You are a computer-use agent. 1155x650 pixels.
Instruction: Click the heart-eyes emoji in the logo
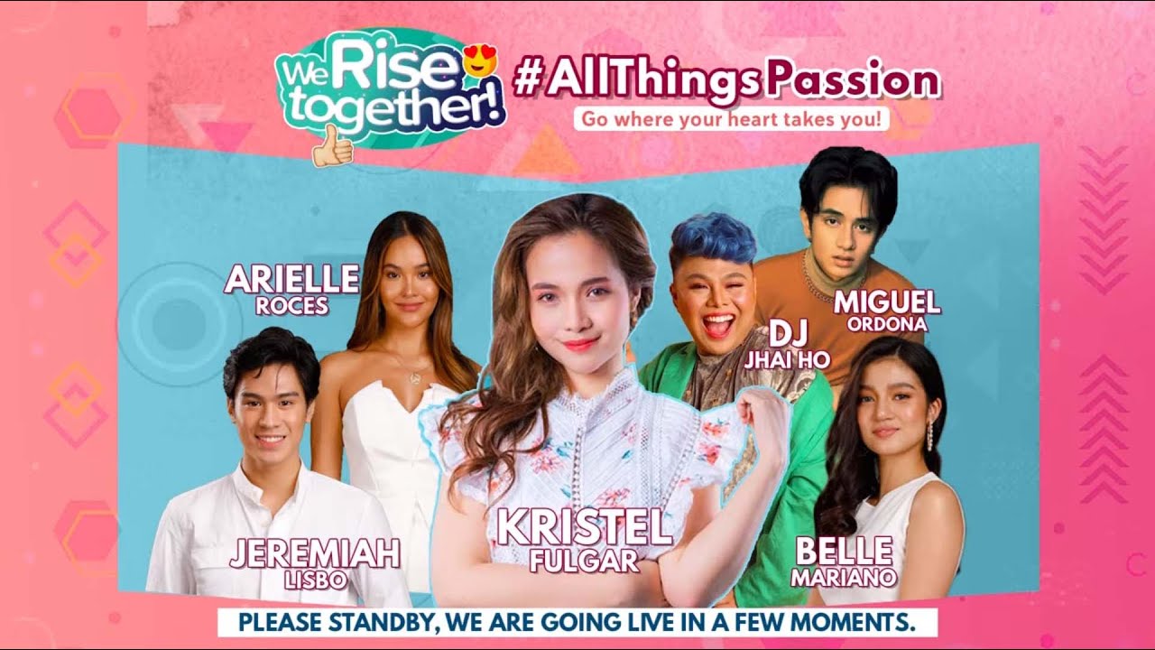click(480, 62)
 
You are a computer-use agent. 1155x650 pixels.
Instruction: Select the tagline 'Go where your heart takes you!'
click(732, 118)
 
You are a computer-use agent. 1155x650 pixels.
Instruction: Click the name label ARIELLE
click(291, 280)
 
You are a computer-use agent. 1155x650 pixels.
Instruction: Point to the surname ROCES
click(291, 306)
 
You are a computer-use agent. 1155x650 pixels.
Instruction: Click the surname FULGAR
click(585, 561)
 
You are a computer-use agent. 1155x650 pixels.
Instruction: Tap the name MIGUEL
click(887, 302)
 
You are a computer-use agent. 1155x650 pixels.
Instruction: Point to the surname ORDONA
click(887, 324)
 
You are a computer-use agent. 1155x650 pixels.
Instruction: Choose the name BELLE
click(843, 550)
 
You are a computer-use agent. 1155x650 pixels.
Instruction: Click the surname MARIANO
click(843, 576)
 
